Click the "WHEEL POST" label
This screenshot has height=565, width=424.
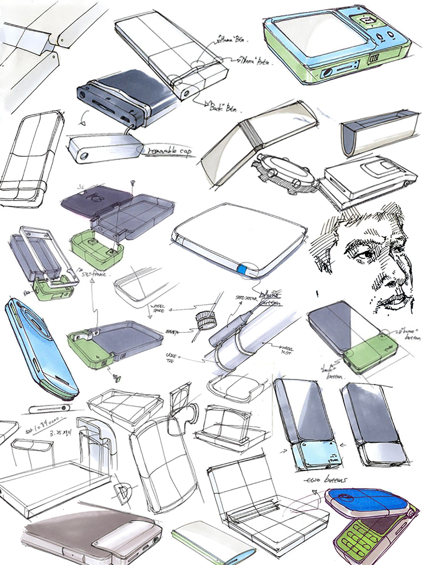286,349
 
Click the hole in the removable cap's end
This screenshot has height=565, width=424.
84,156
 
